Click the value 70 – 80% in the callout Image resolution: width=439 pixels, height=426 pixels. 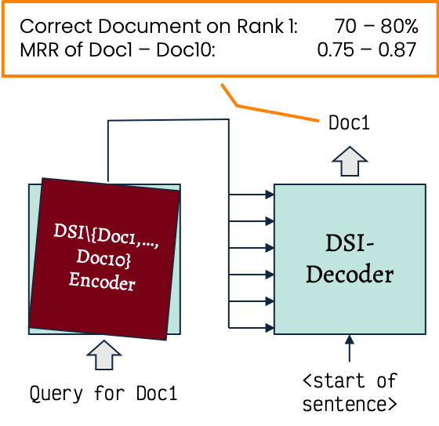pos(376,26)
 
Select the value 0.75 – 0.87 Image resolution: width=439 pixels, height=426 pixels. pos(367,50)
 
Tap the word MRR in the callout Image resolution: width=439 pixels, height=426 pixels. pos(39,50)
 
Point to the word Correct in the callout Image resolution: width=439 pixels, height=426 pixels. pos(56,26)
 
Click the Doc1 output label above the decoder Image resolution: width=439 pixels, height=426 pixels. pos(349,122)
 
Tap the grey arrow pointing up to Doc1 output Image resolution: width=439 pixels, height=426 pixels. pos(350,161)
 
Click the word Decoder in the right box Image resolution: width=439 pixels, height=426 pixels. pos(350,274)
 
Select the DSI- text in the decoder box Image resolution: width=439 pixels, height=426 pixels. pos(350,242)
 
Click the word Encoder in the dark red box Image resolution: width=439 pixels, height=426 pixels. pos(102,282)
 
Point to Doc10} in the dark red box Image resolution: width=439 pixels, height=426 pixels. pos(103,258)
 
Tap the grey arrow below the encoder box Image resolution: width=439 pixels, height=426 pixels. pos(103,355)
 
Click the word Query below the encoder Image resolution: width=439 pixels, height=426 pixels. pos(56,394)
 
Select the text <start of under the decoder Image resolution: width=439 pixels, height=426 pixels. pos(350,380)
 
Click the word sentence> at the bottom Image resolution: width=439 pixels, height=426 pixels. pos(350,404)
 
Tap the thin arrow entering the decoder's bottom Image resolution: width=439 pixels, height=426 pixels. pos(350,348)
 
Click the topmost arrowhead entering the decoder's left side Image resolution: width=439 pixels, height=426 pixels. pos(270,195)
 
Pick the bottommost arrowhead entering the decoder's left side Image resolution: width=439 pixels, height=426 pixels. pos(270,328)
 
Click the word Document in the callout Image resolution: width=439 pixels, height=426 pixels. pos(149,26)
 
